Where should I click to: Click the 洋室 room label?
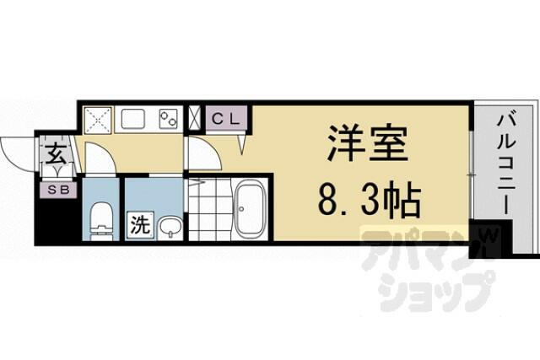368,143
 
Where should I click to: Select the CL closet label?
226,119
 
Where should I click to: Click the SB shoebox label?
58,190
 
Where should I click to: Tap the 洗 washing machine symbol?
141,226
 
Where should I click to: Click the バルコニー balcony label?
506,165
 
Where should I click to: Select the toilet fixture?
101,221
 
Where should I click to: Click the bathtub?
249,209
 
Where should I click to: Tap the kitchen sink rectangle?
132,119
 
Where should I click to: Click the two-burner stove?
168,119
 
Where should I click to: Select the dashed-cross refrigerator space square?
98,120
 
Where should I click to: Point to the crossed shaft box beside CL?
194,118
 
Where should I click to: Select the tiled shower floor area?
211,209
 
